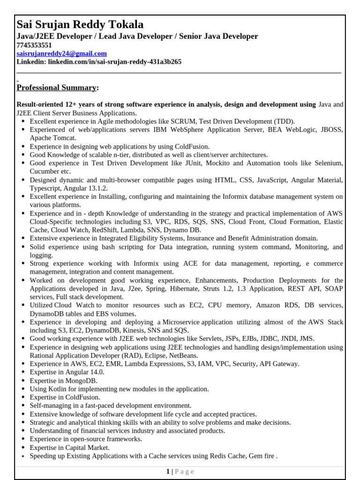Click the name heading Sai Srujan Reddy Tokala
(80, 24)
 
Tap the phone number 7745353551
(34, 45)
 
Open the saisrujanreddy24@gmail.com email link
(61, 53)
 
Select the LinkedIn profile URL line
(99, 62)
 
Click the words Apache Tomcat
(52, 138)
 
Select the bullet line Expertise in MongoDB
(63, 381)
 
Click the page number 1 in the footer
(168, 472)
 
